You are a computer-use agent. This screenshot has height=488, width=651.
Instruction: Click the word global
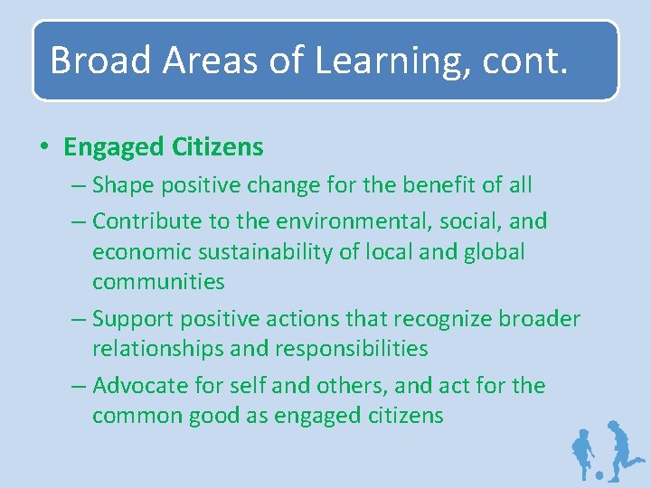(491, 250)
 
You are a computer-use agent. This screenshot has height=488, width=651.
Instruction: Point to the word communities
(158, 282)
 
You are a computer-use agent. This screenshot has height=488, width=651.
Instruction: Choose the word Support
(133, 319)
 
